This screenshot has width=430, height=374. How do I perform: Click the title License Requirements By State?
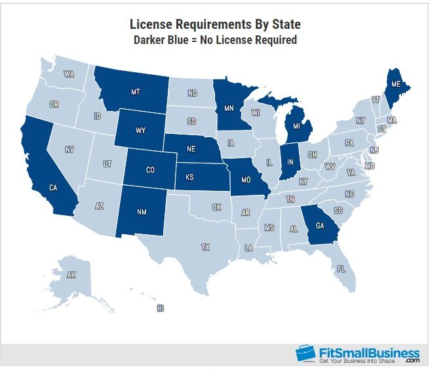tap(215, 24)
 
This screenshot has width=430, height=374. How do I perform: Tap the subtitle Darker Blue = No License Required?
tap(215, 40)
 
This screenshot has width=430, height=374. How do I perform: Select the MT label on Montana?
tap(136, 91)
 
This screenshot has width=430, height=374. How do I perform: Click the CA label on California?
tap(54, 188)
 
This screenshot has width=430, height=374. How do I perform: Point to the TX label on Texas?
tap(206, 247)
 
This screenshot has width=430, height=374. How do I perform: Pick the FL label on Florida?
tap(341, 268)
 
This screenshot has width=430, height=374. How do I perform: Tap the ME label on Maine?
tap(395, 84)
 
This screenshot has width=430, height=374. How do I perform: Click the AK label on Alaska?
tap(71, 276)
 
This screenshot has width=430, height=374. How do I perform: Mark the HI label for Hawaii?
tap(160, 308)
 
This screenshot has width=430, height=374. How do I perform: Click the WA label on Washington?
tap(69, 74)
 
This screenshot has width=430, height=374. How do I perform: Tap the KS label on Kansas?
tap(190, 177)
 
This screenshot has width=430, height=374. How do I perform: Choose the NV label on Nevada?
tap(69, 150)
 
